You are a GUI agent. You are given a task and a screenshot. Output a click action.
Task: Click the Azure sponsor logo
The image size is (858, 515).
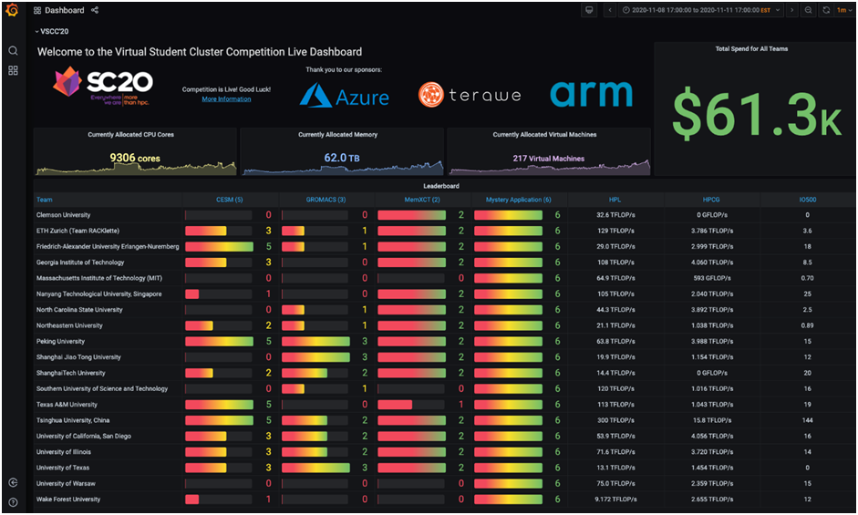(345, 96)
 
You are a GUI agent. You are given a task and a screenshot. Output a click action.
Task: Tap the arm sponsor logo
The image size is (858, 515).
(591, 93)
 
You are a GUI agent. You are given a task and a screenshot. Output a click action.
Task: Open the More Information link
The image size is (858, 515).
(226, 98)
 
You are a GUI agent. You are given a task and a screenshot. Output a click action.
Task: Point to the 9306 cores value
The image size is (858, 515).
(135, 158)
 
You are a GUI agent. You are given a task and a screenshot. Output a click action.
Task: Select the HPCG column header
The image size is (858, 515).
(711, 199)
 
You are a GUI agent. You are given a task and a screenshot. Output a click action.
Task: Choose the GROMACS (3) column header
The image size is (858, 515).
(326, 199)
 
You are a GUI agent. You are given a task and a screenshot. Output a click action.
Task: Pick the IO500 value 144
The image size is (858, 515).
(807, 420)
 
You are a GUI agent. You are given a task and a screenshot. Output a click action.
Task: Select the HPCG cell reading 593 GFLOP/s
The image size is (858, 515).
(711, 278)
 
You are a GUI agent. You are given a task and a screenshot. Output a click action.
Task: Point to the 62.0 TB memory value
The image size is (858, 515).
(342, 158)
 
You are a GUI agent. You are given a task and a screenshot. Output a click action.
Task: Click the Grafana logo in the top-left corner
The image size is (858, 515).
(12, 10)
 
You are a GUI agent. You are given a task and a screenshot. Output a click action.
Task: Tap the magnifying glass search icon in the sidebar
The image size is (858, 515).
(13, 51)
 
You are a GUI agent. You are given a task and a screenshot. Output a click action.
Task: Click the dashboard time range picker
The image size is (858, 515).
(696, 10)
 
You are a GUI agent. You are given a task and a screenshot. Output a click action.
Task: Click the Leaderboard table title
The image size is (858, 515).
(441, 186)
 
